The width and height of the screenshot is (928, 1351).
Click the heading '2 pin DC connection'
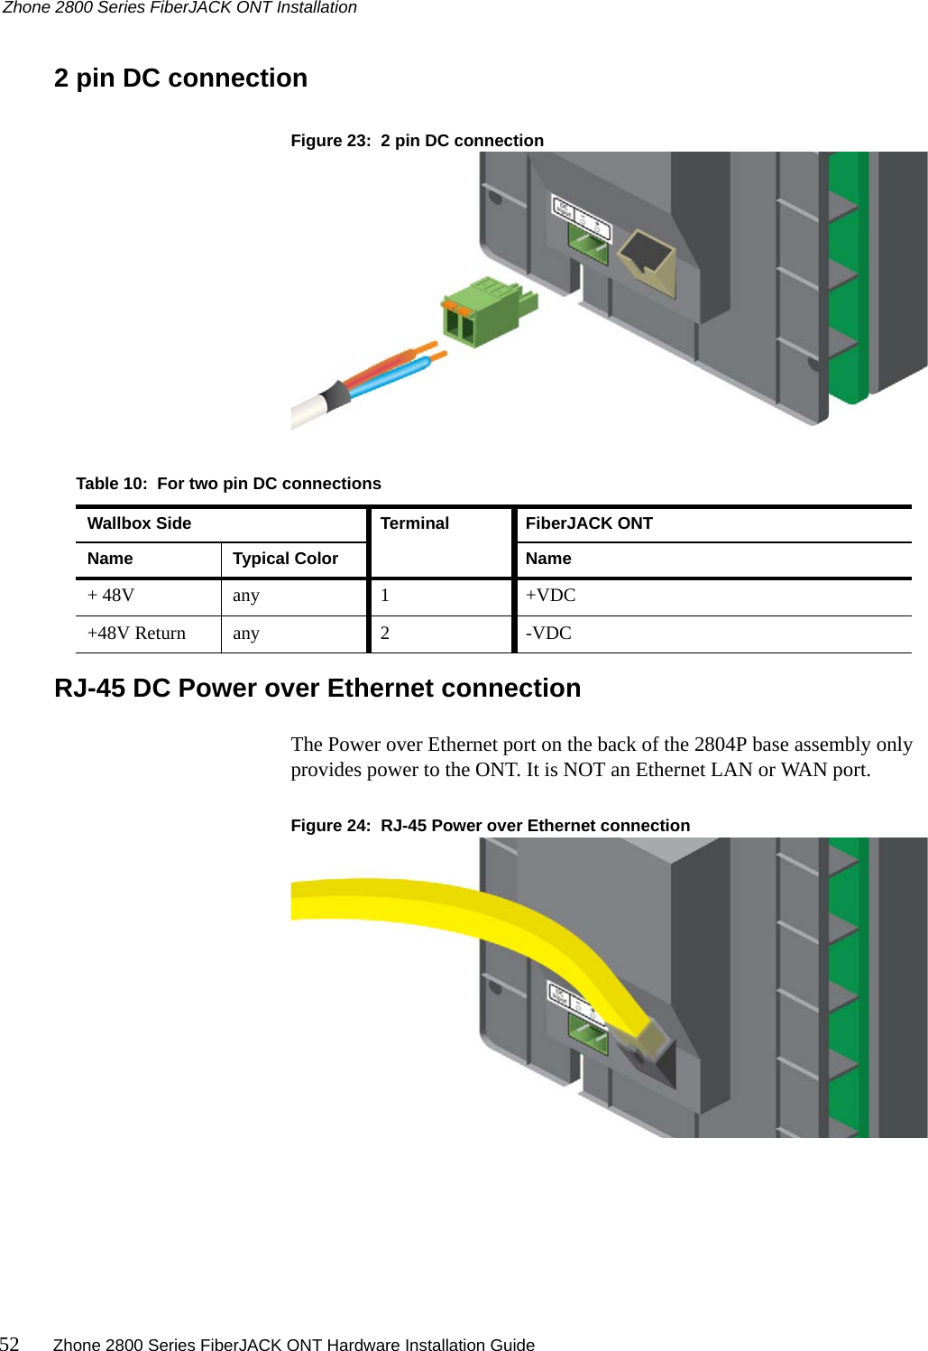coord(180,79)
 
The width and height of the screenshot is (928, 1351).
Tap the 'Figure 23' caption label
coord(330,141)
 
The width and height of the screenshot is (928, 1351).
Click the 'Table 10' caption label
coord(111,484)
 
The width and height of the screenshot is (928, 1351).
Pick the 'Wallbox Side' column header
coord(139,523)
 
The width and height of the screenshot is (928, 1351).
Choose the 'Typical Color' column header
coord(285,559)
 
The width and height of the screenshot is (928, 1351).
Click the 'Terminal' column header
coord(414,523)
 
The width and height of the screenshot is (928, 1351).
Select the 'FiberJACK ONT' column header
coord(589,523)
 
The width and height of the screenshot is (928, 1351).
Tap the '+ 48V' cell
coord(111,596)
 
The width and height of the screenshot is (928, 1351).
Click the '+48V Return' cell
coord(136,634)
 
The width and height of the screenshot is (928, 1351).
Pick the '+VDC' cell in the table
coord(550,596)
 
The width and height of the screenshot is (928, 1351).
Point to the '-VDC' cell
coord(548,634)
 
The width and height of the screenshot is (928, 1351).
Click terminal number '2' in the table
coord(385,634)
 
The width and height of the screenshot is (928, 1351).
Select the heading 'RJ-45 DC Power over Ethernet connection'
coord(317,689)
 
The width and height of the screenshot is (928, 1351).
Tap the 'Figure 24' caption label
coord(330,826)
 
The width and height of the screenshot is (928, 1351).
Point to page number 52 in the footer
coord(10,1344)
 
